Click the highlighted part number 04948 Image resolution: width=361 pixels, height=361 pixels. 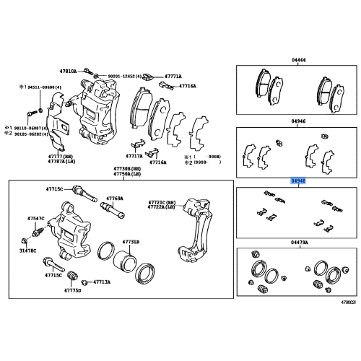pos(298,182)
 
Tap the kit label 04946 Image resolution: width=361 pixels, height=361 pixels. pos(298,123)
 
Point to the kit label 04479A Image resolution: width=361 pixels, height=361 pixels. pos(298,244)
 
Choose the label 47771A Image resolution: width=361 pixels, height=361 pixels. pos(172,75)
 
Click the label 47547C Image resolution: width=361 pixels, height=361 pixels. pos(36,217)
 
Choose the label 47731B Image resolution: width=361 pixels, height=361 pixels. pos(131,241)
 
